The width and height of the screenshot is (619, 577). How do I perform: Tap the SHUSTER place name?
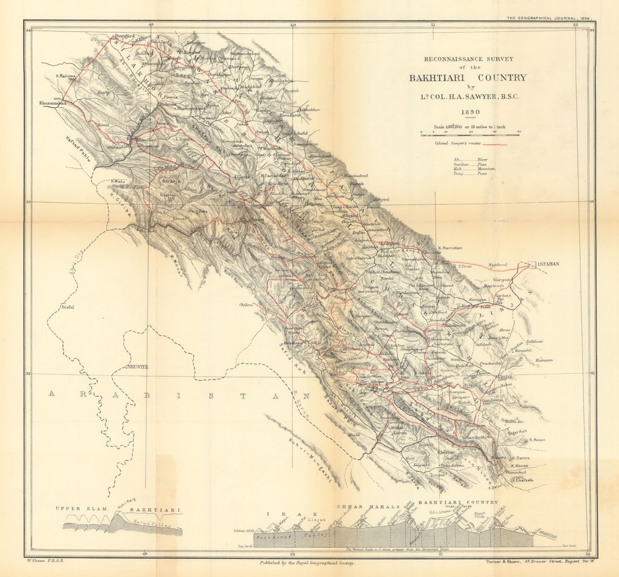(x=137, y=366)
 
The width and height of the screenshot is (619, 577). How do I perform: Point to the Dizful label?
(x=68, y=307)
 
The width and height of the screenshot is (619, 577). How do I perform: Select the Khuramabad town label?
(x=53, y=104)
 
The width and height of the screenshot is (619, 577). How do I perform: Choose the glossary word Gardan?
(x=461, y=164)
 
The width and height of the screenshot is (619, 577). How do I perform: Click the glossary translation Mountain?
(x=486, y=168)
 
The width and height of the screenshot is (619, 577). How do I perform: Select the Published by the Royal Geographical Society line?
(x=307, y=562)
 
